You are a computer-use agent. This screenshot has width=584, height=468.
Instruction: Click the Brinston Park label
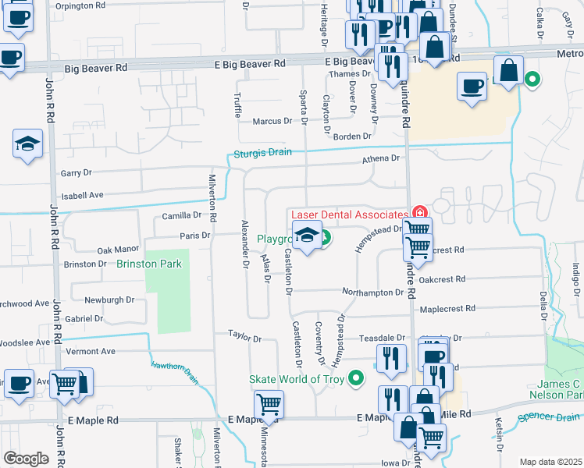(x=149, y=264)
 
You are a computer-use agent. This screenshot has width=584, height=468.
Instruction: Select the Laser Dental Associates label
(x=349, y=214)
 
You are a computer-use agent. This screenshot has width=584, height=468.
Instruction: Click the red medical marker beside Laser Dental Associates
(x=420, y=212)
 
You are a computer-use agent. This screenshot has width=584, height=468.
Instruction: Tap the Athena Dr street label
(x=380, y=158)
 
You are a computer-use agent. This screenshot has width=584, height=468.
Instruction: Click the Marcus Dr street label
(x=272, y=122)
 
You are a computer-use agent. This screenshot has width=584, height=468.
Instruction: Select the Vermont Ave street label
(x=90, y=352)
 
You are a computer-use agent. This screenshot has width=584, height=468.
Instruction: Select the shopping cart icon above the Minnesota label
(x=269, y=404)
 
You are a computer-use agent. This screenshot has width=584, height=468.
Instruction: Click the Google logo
(x=26, y=459)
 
